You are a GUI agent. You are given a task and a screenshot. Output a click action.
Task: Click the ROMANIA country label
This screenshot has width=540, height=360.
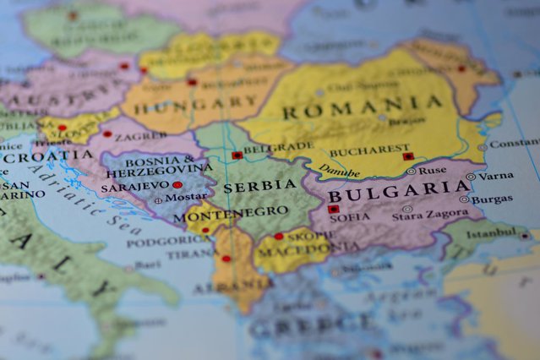[x=362, y=108]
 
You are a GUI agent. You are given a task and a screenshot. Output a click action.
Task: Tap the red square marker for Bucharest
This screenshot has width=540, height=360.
[x=408, y=155]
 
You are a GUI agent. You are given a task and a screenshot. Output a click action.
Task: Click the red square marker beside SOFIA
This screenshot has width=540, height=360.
[x=333, y=209]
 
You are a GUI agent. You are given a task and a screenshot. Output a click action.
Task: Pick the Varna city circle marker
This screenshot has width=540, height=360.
[x=470, y=177]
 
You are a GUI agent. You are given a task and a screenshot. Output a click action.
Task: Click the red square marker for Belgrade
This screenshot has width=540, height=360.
[x=237, y=155]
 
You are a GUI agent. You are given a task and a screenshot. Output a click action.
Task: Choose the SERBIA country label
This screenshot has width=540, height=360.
[x=248, y=185]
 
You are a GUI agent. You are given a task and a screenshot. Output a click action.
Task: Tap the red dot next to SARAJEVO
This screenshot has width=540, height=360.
[x=177, y=184]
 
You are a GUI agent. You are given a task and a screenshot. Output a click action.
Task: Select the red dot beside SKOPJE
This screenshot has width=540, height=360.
[x=278, y=236]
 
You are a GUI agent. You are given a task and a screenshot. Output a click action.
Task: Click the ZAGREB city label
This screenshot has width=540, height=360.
[x=145, y=135]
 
